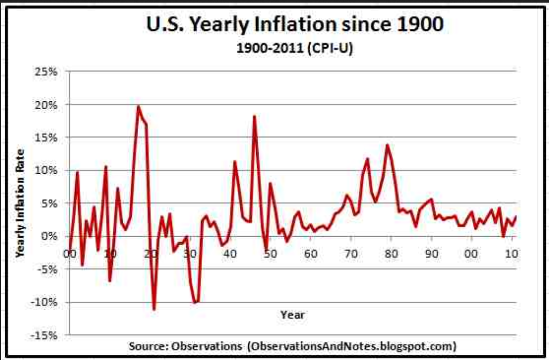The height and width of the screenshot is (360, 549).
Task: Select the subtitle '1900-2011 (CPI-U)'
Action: (x=274, y=49)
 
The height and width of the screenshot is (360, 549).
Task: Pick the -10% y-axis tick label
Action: (x=48, y=302)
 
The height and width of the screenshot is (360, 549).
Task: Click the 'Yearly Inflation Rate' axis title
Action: (x=20, y=202)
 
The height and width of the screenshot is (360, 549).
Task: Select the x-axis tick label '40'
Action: (x=230, y=254)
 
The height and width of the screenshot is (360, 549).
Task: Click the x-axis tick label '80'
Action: (x=391, y=254)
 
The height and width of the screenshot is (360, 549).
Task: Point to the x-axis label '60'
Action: (x=311, y=254)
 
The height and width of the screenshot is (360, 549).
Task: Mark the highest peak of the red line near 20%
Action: (x=138, y=107)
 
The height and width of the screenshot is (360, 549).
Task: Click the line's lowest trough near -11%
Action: (x=154, y=309)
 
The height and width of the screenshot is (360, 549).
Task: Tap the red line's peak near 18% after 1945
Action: (x=255, y=116)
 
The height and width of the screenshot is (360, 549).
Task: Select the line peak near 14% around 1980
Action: (x=387, y=145)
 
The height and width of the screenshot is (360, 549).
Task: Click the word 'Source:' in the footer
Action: (x=147, y=346)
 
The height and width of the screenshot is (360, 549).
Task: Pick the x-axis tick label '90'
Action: (x=431, y=254)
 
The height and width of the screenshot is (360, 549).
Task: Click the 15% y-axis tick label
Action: (x=50, y=137)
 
